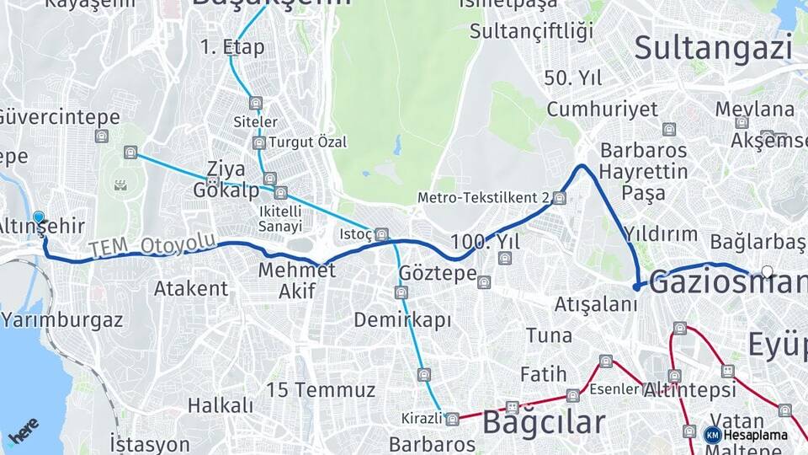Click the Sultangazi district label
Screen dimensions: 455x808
(x=713, y=47)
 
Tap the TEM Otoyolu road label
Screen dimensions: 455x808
(x=151, y=245)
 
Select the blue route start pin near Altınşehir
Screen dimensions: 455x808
(x=39, y=217)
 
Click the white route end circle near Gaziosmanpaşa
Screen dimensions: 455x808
(x=767, y=272)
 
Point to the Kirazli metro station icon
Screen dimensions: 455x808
(x=453, y=419)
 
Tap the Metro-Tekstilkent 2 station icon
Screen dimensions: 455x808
(x=560, y=198)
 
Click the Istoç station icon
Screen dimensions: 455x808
(x=381, y=234)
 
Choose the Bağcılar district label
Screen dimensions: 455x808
(x=543, y=421)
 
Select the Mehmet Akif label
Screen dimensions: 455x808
(x=296, y=281)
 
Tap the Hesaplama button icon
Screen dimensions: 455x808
(x=712, y=435)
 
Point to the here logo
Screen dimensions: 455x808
(x=24, y=431)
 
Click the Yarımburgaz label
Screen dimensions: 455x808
(x=62, y=320)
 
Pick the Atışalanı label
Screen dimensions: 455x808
(x=596, y=303)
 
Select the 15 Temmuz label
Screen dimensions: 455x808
(x=320, y=390)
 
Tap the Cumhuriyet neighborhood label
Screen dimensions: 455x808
(x=602, y=109)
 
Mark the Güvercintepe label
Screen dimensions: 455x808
(x=60, y=117)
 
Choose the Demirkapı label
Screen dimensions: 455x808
(x=402, y=320)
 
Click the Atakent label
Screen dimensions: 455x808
(x=190, y=288)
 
